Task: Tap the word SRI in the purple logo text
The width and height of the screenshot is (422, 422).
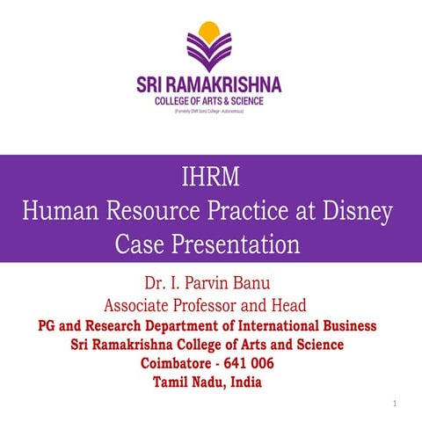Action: click(x=152, y=85)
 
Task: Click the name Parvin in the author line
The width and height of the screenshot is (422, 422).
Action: click(x=210, y=285)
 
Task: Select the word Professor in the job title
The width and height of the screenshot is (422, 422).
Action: click(x=231, y=306)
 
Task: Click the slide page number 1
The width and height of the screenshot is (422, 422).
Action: click(x=397, y=403)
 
